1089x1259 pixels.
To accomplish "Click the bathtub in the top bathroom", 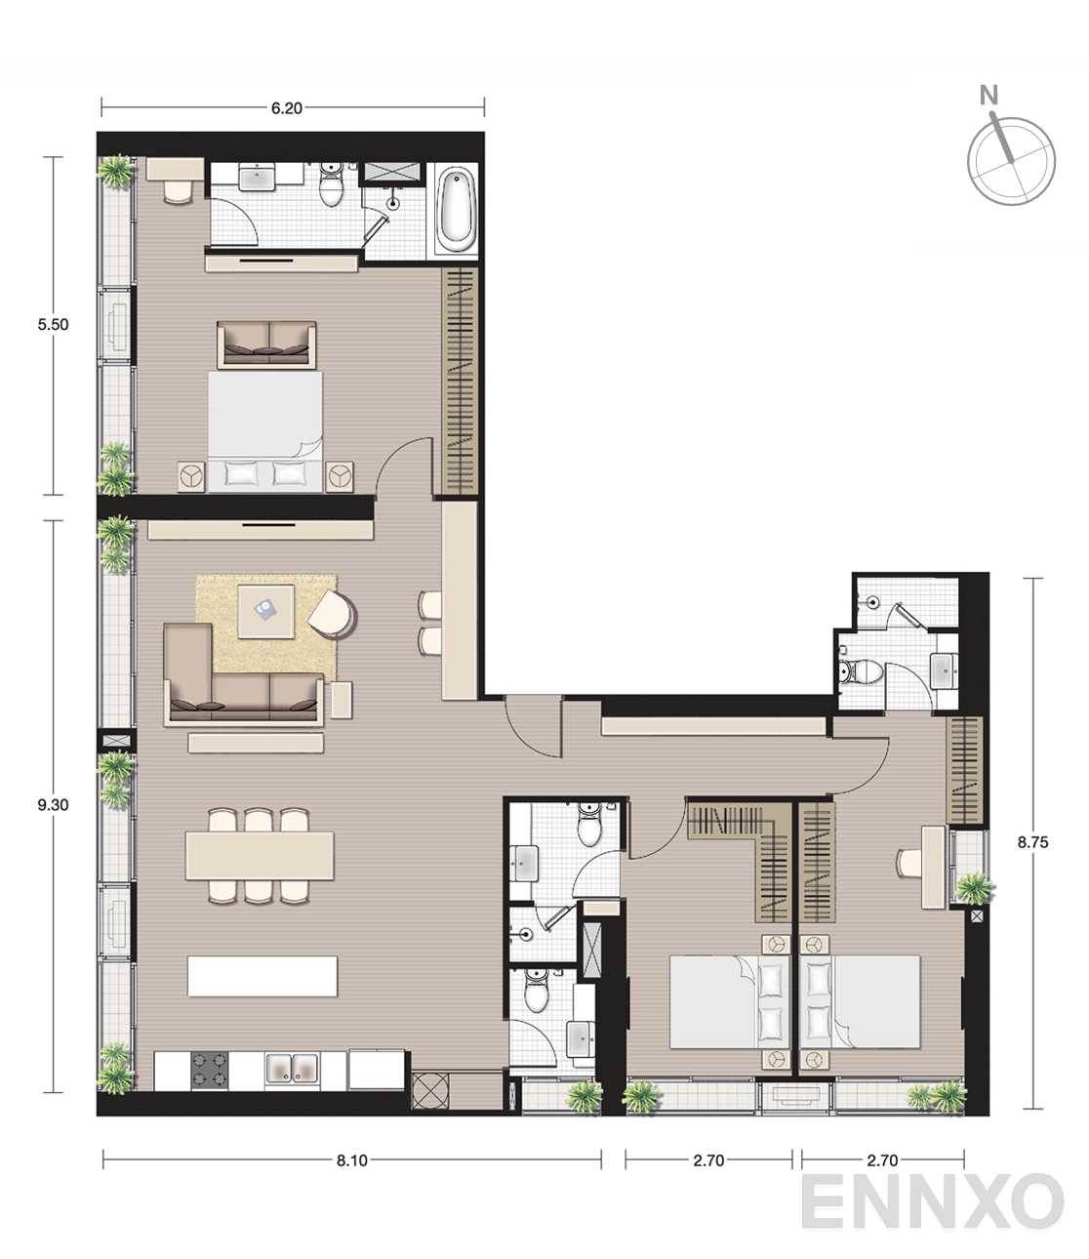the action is point(456,209).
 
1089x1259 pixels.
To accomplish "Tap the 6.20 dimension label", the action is point(286,108).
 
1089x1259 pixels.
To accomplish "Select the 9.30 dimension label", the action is point(53,804).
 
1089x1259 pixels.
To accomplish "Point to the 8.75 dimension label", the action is point(1033,842).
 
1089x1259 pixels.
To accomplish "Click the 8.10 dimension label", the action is point(352,1160).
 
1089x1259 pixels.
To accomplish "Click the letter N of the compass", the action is point(988,95).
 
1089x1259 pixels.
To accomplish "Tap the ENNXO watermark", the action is point(933,1201).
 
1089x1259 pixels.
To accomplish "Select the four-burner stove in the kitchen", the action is point(210,1071).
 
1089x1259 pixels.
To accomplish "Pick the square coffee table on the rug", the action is point(265,612).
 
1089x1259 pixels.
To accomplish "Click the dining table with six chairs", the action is point(259,856).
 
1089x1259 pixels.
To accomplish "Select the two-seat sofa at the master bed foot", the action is point(266,345).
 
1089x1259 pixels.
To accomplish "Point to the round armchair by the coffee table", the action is point(333,614).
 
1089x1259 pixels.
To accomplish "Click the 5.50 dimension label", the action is point(53,325).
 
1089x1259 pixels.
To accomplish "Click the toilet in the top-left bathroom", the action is point(332,183).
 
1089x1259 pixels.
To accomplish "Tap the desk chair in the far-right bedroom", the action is point(908,863).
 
